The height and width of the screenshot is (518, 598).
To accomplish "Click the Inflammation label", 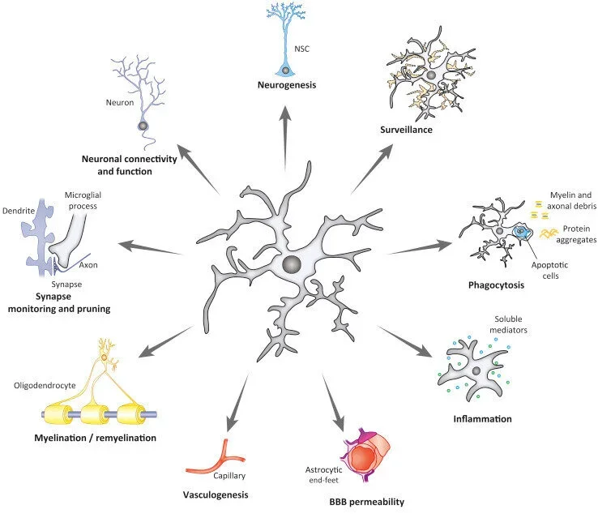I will (x=483, y=419).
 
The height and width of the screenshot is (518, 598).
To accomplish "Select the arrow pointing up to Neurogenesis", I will (x=284, y=138).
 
